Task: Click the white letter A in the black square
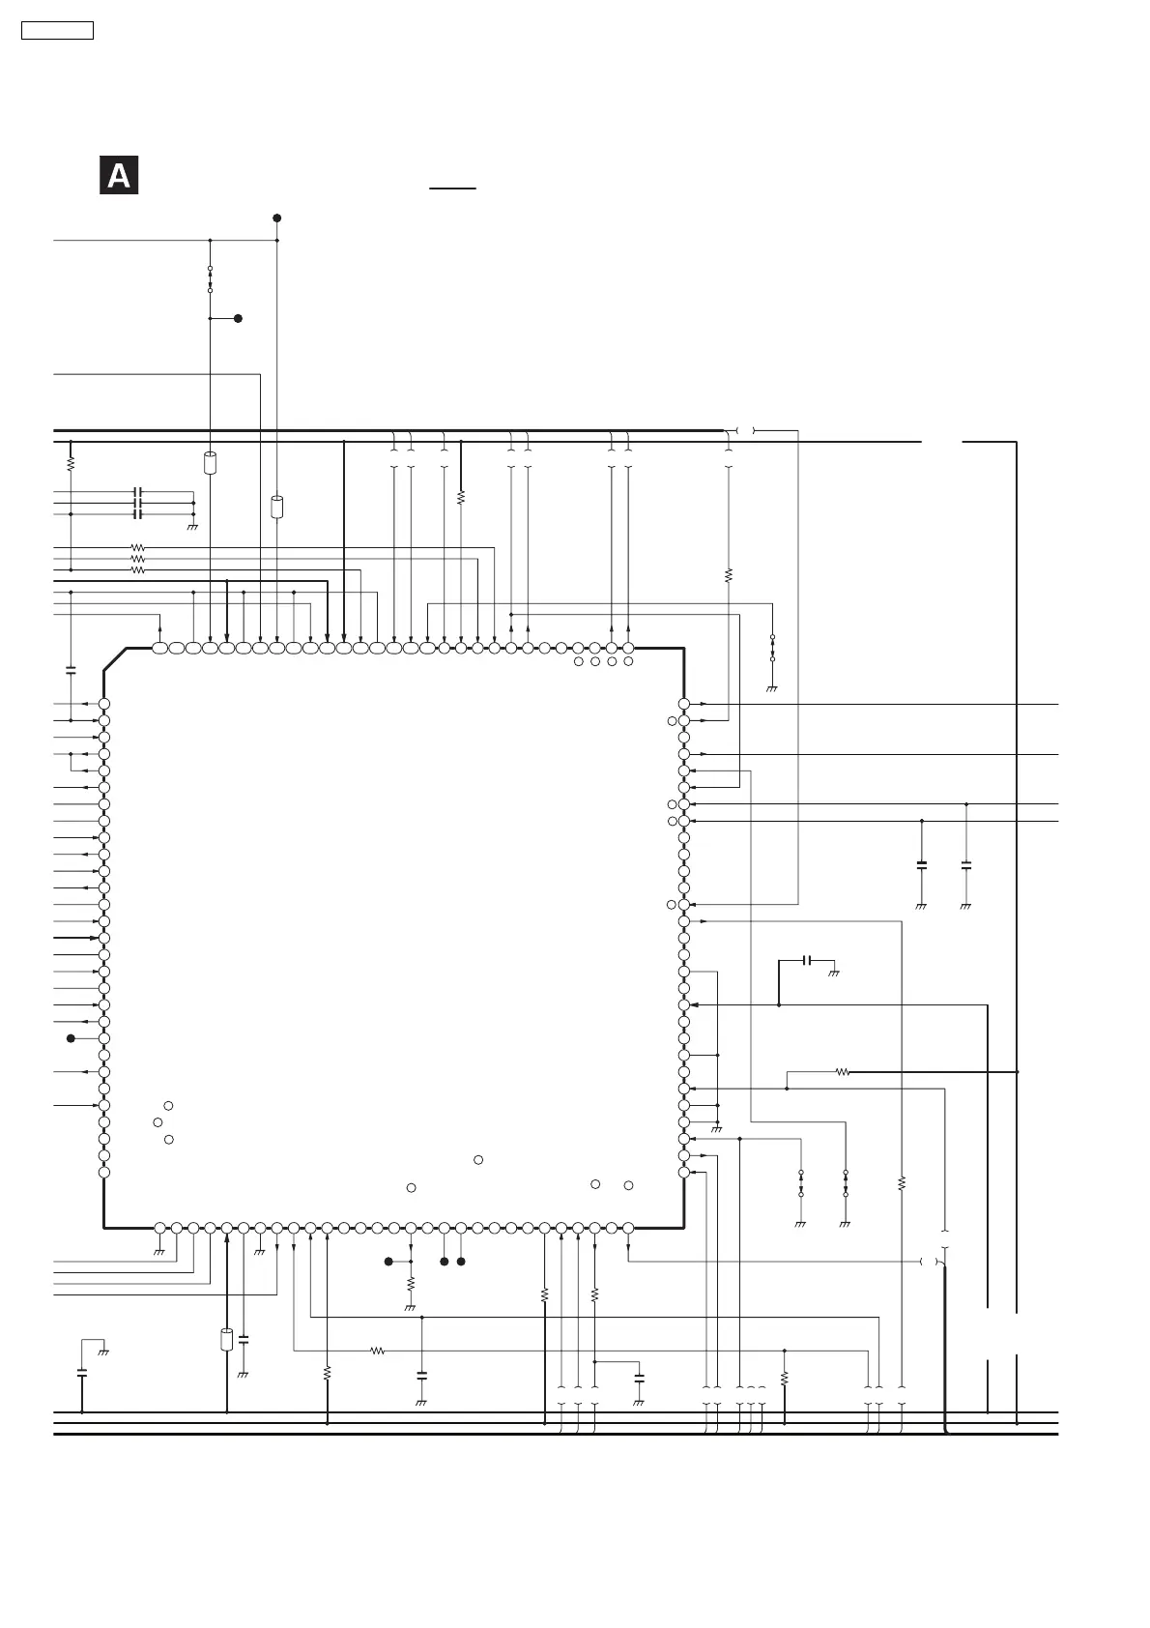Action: pos(118,175)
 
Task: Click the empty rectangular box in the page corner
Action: pos(57,30)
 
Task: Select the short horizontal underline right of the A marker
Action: pos(453,188)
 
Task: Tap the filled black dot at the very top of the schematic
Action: pos(276,218)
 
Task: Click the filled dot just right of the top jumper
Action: pos(238,318)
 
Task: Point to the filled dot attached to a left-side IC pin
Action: pos(71,1038)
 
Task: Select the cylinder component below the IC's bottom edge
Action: pos(227,1339)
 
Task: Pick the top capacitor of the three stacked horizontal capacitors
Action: pos(138,492)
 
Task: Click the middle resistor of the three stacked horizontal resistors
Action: pos(138,559)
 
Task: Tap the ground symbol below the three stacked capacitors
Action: pos(192,527)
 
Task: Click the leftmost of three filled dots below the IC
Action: pos(388,1262)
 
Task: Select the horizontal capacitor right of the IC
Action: pos(808,960)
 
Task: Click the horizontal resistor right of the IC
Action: pos(842,1072)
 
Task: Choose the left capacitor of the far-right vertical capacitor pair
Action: pos(921,863)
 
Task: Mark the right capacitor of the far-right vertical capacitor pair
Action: pos(966,863)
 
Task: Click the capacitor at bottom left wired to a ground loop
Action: pos(81,1371)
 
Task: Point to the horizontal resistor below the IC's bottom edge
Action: pos(378,1351)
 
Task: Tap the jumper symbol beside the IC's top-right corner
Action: pos(772,648)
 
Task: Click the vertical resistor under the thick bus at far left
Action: pos(71,464)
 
